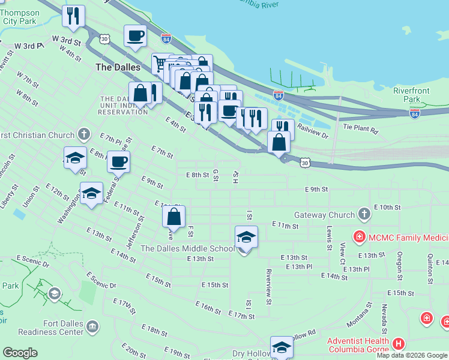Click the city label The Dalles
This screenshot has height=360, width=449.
(118, 67)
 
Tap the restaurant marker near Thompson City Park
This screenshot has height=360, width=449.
(74, 16)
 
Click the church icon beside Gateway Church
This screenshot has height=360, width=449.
(364, 214)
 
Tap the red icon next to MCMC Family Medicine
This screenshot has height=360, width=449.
(360, 236)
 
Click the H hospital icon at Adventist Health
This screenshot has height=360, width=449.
(399, 344)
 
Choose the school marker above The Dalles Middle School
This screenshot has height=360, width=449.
(246, 238)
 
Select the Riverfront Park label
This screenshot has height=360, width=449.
(411, 95)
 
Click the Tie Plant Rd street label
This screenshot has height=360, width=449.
(361, 129)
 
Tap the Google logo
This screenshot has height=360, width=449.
(20, 353)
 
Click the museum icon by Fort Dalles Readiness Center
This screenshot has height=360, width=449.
(92, 327)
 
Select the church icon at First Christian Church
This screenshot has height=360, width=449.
(84, 134)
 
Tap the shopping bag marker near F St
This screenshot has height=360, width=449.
(173, 217)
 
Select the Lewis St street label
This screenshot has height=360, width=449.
(330, 238)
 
